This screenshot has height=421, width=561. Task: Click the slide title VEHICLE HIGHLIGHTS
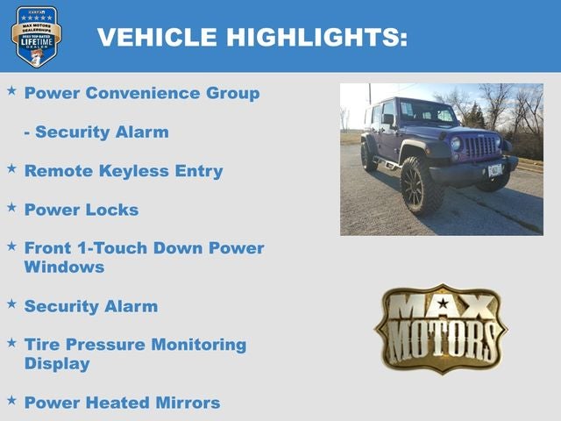click(x=252, y=38)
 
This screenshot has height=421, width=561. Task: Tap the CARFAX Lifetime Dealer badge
click(x=36, y=36)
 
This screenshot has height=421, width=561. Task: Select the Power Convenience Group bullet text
click(x=142, y=93)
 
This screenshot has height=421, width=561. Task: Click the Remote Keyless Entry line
click(x=124, y=171)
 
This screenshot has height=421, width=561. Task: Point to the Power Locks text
click(x=82, y=210)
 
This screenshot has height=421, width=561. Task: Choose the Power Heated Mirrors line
click(x=122, y=403)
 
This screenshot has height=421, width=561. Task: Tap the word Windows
click(x=64, y=267)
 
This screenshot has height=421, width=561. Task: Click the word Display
click(x=57, y=363)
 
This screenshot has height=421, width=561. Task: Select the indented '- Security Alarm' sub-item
click(x=96, y=132)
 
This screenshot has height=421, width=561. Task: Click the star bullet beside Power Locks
click(x=11, y=208)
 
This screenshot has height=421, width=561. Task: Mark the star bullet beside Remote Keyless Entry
click(x=11, y=169)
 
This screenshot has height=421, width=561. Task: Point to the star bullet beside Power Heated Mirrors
click(x=11, y=401)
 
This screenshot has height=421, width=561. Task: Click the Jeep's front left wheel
click(x=421, y=185)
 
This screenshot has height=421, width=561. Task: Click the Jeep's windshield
click(x=427, y=112)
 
